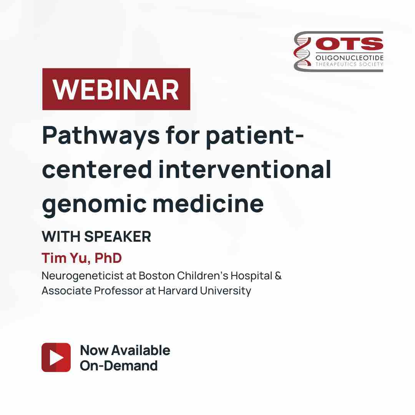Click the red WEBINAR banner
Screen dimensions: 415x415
pyautogui.click(x=116, y=89)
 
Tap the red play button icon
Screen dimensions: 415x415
pyautogui.click(x=56, y=357)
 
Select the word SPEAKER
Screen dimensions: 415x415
pyautogui.click(x=118, y=237)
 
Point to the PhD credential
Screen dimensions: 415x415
pyautogui.click(x=108, y=258)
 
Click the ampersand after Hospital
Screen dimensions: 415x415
pyautogui.click(x=278, y=276)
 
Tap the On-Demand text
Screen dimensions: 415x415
pyautogui.click(x=119, y=365)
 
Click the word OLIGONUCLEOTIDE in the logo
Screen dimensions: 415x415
pyautogui.click(x=349, y=58)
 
